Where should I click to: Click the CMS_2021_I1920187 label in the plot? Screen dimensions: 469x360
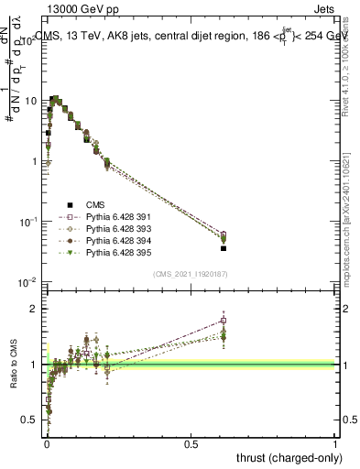[x=191, y=274]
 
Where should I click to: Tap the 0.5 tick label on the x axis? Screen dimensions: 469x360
[x=191, y=444]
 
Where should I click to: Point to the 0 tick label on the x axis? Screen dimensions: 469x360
[x=46, y=444]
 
